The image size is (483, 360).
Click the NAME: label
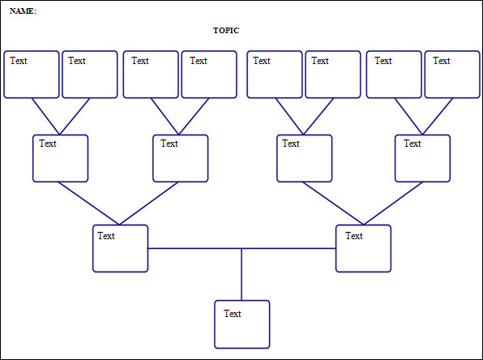click(x=23, y=11)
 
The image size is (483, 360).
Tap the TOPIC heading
click(x=226, y=31)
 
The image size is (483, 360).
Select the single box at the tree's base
click(x=241, y=324)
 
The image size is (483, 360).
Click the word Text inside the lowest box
click(x=233, y=313)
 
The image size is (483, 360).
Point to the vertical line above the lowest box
click(x=241, y=274)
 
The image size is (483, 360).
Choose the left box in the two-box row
click(x=120, y=248)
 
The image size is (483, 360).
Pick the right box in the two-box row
click(x=363, y=248)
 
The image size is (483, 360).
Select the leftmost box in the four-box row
click(x=60, y=158)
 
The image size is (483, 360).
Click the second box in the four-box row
click(x=180, y=158)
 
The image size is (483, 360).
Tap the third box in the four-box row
click(x=304, y=158)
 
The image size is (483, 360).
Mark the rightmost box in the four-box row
click(x=422, y=158)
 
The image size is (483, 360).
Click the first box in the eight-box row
click(x=32, y=75)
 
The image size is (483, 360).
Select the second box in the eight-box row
click(x=90, y=75)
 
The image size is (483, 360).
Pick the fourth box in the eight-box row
click(x=209, y=75)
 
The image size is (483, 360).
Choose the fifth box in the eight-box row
click(x=276, y=75)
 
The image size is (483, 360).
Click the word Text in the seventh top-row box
click(x=383, y=61)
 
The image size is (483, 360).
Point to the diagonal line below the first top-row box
click(x=45, y=116)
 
